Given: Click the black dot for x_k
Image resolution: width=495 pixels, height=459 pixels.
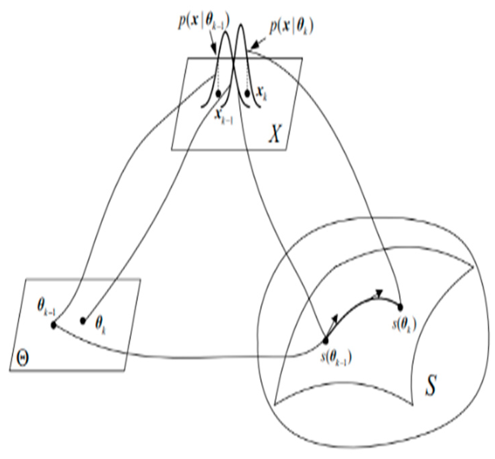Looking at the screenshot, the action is pos(247,93).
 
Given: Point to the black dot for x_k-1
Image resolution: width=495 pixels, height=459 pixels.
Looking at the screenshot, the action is pos(219,93).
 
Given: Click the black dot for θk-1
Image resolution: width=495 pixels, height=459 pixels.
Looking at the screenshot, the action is pos(53,325).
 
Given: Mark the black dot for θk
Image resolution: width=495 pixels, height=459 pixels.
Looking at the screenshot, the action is pos(83,321).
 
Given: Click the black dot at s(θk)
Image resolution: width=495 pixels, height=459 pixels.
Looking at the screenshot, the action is pos(400,307).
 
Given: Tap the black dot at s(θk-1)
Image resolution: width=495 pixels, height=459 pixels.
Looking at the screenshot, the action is pos(326,340).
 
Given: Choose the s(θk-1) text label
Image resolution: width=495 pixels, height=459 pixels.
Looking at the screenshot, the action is pos(335,357).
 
